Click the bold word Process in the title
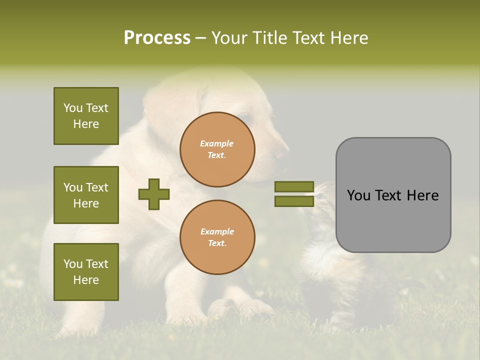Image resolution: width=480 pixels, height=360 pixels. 157,38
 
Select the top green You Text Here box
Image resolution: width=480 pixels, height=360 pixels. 86,116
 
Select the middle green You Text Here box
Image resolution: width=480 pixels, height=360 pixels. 86,195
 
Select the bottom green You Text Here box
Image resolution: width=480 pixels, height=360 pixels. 86,272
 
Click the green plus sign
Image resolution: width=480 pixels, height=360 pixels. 154,194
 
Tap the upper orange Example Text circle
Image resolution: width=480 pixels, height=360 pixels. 217,149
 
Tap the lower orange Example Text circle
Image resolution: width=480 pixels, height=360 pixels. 217,237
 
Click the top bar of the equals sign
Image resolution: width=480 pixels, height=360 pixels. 294,187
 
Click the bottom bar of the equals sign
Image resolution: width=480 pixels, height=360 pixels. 294,201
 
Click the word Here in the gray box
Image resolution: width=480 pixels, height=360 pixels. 423,195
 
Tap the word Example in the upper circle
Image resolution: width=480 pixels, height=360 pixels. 217,143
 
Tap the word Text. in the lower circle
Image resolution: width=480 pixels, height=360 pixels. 217,243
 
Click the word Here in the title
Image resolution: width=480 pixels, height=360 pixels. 347,38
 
